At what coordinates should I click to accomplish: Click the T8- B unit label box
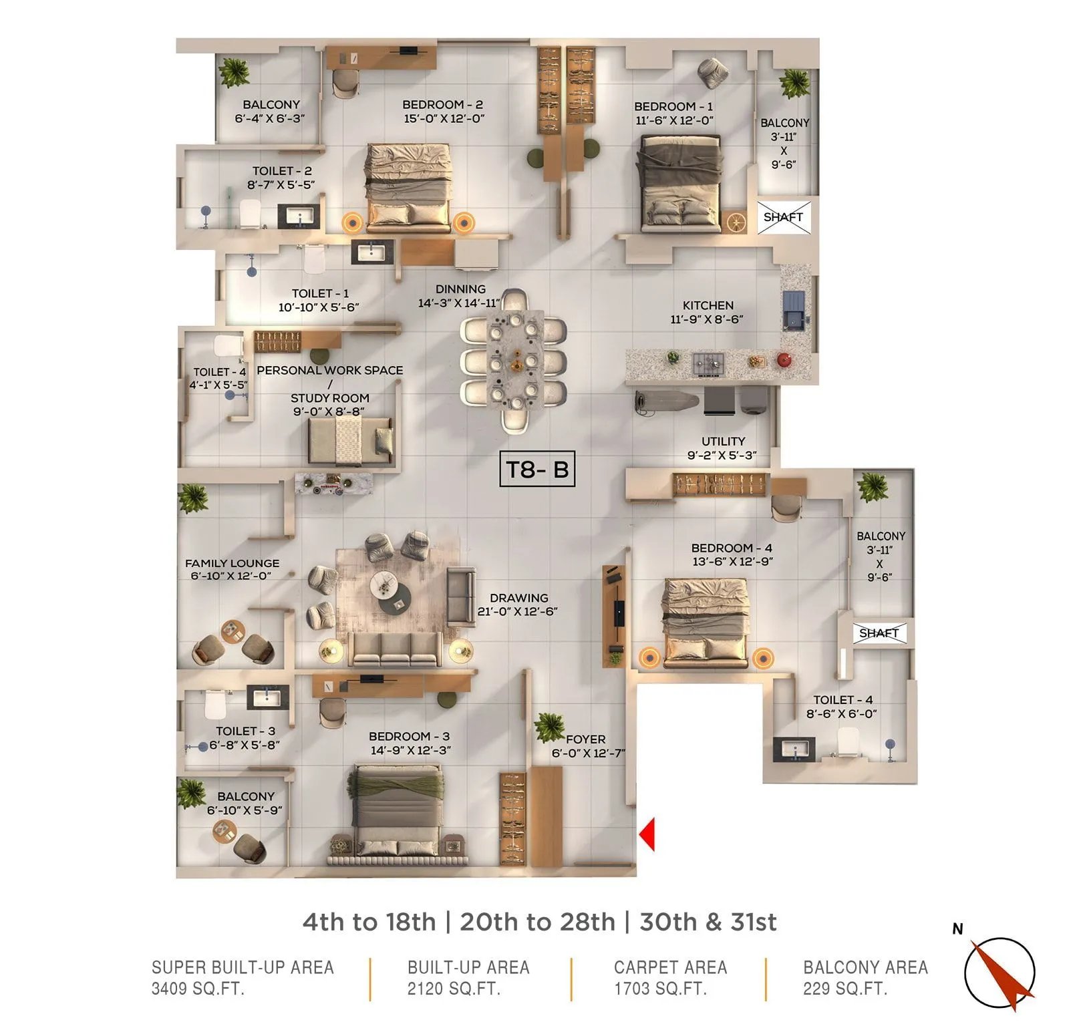pyautogui.click(x=537, y=469)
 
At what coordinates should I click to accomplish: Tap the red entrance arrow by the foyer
pyautogui.click(x=647, y=834)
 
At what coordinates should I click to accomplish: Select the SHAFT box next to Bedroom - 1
pyautogui.click(x=783, y=217)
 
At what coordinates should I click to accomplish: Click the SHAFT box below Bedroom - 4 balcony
pyautogui.click(x=879, y=633)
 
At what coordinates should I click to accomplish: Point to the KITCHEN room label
pyautogui.click(x=708, y=305)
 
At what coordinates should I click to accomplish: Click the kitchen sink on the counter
pyautogui.click(x=794, y=311)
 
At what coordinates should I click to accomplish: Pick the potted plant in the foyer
pyautogui.click(x=549, y=727)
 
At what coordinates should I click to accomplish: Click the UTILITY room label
pyautogui.click(x=723, y=442)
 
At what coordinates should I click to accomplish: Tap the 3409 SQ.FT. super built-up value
pyautogui.click(x=198, y=989)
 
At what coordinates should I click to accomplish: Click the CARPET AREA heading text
pyautogui.click(x=670, y=967)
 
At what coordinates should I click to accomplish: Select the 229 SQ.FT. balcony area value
pyautogui.click(x=845, y=989)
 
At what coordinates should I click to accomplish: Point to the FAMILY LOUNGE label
pyautogui.click(x=232, y=563)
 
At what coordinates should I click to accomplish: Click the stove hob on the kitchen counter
pyautogui.click(x=708, y=364)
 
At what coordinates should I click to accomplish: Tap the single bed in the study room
pyautogui.click(x=350, y=441)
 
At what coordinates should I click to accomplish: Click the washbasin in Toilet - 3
pyautogui.click(x=267, y=698)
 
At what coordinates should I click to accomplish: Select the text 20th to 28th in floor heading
pyautogui.click(x=537, y=922)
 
